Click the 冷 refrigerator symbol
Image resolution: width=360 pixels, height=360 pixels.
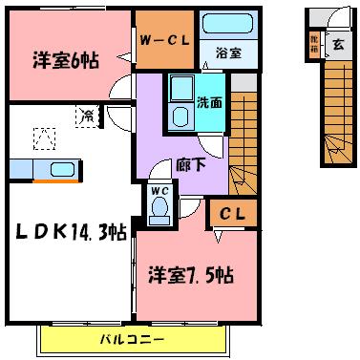[88, 116]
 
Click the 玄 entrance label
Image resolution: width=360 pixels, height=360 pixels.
[339, 43]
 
